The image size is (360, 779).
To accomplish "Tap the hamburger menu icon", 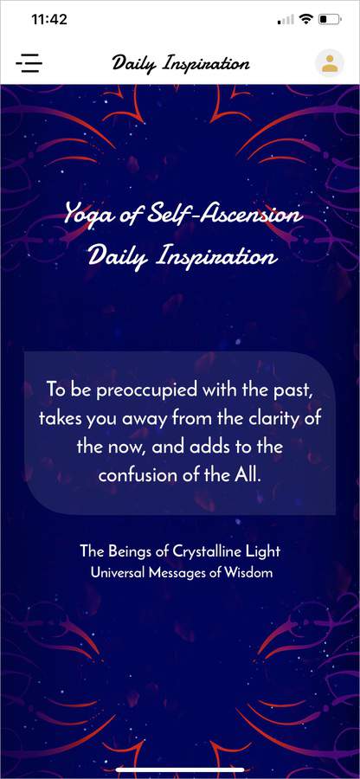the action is coord(29,63).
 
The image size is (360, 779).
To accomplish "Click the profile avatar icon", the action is coord(329,63).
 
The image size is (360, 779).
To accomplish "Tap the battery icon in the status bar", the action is coord(329,20).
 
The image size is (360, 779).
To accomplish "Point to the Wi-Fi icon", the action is coord(307,19).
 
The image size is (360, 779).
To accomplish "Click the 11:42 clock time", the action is coord(48,20).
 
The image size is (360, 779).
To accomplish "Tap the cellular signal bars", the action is coord(286,20).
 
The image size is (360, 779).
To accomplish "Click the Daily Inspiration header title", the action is coord(180,63).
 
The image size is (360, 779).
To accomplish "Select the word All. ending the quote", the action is coord(247,474).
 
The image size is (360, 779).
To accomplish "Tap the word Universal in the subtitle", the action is coord(117,573).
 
